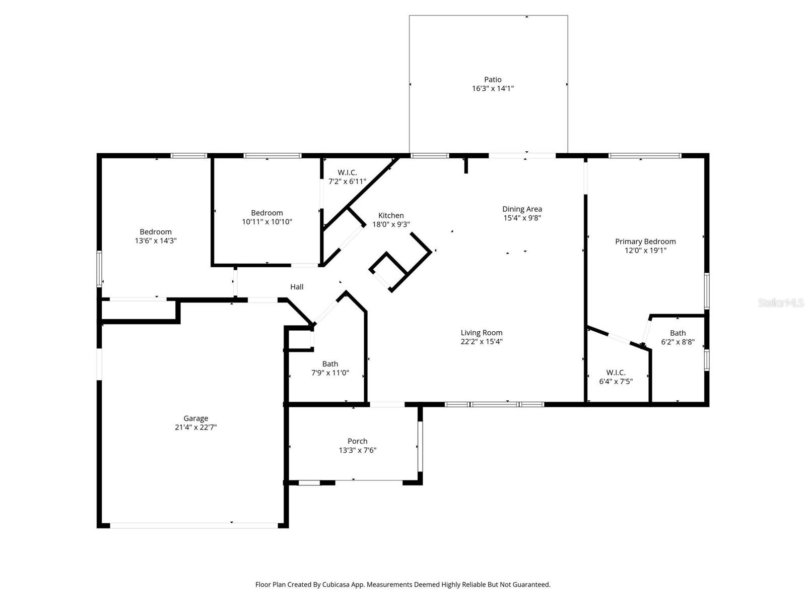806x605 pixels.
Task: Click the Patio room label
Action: click(493, 80)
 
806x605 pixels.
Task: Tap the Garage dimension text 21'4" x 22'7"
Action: click(195, 428)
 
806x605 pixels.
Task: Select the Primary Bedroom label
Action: click(645, 241)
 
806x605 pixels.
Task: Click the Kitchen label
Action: click(391, 216)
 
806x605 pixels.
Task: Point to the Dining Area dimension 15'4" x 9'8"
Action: click(522, 218)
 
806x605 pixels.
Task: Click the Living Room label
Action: click(482, 333)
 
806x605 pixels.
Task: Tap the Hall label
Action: click(297, 287)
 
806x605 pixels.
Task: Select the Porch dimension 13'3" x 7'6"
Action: click(357, 450)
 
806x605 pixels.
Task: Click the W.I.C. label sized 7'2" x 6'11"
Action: click(347, 172)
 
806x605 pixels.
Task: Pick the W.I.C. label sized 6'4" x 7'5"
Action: click(616, 373)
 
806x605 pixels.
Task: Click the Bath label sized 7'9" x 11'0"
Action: click(330, 364)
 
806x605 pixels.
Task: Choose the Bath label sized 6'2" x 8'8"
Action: click(678, 333)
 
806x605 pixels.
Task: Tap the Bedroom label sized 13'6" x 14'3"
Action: click(156, 232)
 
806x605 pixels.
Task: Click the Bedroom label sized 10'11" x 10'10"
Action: click(267, 213)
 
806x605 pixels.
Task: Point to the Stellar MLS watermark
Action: click(780, 303)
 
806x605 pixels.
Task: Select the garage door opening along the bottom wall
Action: click(193, 525)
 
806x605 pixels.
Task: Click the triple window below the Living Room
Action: click(494, 404)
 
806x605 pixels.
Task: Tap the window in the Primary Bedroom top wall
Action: click(645, 156)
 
